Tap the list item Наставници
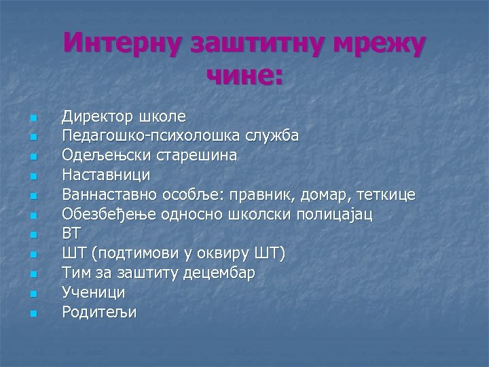coord(106,175)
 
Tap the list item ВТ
coord(71,234)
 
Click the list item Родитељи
coord(99,312)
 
